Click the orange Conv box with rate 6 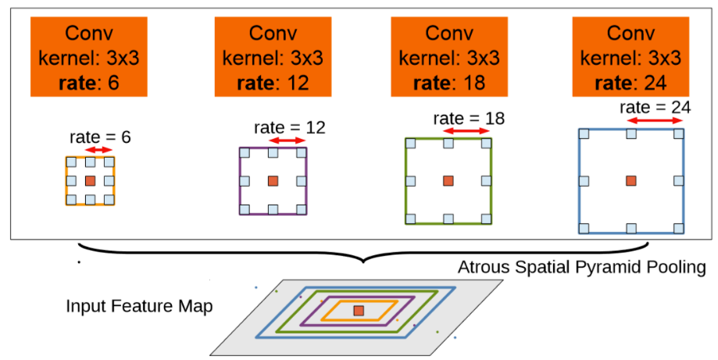pos(89,57)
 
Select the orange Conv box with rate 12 pos(273,57)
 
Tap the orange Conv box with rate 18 pos(449,57)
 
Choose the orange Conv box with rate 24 pos(630,57)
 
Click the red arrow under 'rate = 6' pos(99,150)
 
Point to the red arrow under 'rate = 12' pos(287,141)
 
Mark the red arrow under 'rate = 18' pos(467,131)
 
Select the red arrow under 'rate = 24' pos(655,121)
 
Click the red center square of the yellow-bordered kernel pos(90,181)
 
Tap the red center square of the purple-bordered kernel pos(273,181)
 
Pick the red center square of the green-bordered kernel pos(448,181)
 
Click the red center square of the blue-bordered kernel pos(631,181)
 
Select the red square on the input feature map pos(359,311)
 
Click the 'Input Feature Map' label pos(139,306)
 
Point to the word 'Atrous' pos(484,267)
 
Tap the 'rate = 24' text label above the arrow pos(655,108)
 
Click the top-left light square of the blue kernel pos(584,134)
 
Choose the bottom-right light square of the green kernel pos(486,219)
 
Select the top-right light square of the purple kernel pos(302,153)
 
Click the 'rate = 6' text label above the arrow pos(100,137)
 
